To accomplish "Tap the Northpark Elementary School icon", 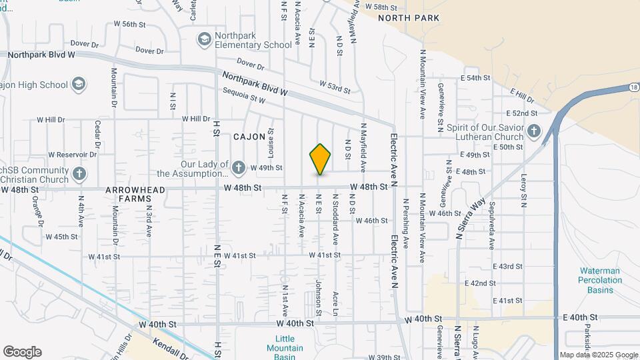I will pyautogui.click(x=203, y=40).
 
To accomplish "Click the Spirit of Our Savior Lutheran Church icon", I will pyautogui.click(x=534, y=131).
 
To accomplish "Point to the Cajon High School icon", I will pyautogui.click(x=79, y=85).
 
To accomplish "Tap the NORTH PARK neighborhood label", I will pyautogui.click(x=409, y=18).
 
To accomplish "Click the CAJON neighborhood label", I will pyautogui.click(x=249, y=137).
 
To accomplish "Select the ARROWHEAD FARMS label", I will pyautogui.click(x=131, y=194).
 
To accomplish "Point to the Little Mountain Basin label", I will pyautogui.click(x=285, y=348).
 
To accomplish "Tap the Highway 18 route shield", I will pyautogui.click(x=633, y=87).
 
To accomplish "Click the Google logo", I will pyautogui.click(x=22, y=352).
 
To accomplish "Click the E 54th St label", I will pyautogui.click(x=475, y=78).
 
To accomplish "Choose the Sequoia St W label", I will pyautogui.click(x=244, y=95).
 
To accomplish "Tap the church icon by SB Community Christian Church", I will pyautogui.click(x=79, y=175).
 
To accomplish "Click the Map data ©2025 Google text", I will pyautogui.click(x=599, y=355).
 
